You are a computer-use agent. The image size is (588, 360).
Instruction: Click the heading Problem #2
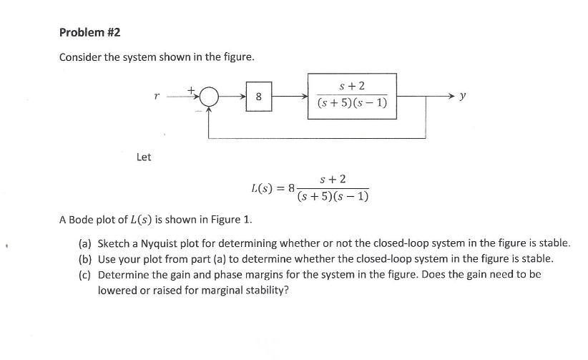tap(89, 32)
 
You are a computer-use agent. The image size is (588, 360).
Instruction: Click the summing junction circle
tap(209, 97)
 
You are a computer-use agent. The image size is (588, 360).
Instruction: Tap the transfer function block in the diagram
tap(351, 95)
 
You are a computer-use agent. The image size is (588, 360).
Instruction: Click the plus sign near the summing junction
tap(191, 89)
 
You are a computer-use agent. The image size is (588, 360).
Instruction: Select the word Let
tap(144, 157)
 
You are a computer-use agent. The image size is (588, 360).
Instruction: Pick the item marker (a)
tap(85, 243)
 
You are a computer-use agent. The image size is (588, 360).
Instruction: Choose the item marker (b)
tap(85, 258)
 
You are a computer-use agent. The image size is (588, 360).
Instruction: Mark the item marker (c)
tap(85, 275)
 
